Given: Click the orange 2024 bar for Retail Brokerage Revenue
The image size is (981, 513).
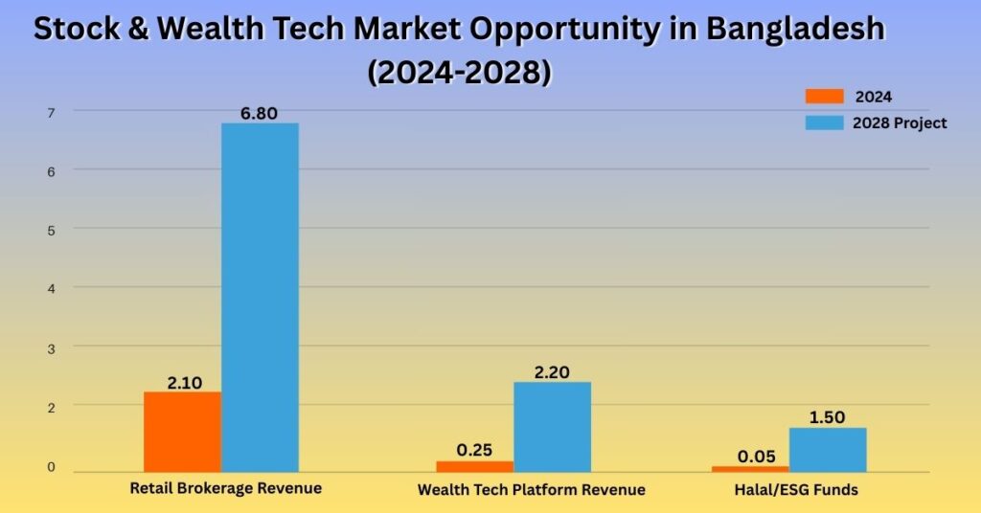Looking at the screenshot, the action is (x=182, y=432).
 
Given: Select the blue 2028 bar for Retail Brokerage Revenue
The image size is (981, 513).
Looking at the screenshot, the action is (x=260, y=298).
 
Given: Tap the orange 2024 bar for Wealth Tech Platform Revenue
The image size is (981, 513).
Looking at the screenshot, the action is (x=475, y=467).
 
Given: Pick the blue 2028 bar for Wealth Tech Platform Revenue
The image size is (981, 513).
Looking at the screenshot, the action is (x=553, y=428).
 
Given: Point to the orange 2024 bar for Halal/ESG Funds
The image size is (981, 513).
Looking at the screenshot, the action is (x=750, y=469).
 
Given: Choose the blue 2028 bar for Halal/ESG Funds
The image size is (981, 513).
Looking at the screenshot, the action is (x=828, y=450).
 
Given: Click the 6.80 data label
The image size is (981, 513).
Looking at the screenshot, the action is (x=259, y=113).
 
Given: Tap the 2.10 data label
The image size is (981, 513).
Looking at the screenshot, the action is (x=185, y=383).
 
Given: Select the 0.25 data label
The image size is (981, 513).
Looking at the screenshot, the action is (x=474, y=450).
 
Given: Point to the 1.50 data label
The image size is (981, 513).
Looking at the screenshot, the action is (x=827, y=416).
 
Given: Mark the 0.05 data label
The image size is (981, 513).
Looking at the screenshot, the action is (x=757, y=457).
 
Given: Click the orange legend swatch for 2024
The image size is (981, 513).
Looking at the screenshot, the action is (x=824, y=97).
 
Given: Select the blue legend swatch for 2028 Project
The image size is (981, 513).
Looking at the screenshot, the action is (x=824, y=123).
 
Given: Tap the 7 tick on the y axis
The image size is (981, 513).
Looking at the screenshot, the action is (x=52, y=113).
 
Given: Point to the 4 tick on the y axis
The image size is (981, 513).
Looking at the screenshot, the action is (x=52, y=289).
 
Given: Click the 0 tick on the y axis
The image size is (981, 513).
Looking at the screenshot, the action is (x=52, y=467).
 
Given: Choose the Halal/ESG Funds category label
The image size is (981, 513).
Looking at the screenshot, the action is (x=796, y=490).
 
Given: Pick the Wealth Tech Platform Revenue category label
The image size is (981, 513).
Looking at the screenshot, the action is (x=531, y=489).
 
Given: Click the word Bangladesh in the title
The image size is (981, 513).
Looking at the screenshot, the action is (x=796, y=30).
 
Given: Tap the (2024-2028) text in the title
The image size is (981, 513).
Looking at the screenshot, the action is (x=460, y=73).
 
